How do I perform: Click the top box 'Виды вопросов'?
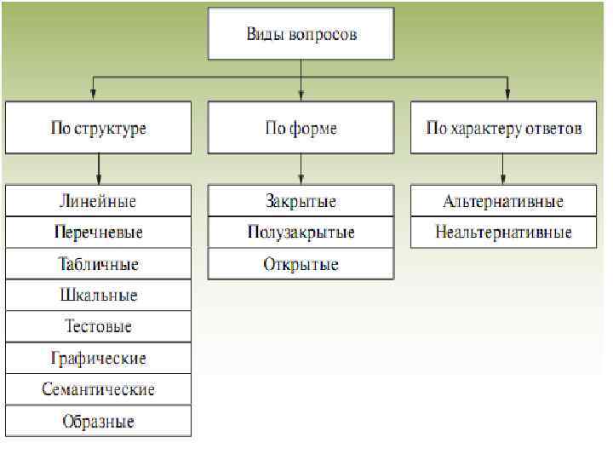click(x=301, y=35)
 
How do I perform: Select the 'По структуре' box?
click(x=98, y=129)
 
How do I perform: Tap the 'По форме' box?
click(x=301, y=129)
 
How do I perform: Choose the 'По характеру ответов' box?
click(x=504, y=129)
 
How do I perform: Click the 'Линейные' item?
click(x=98, y=202)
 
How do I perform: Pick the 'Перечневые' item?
click(x=98, y=233)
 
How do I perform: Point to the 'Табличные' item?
click(x=98, y=264)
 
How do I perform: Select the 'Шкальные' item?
click(x=98, y=296)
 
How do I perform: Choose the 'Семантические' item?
click(x=98, y=389)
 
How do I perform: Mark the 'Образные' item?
click(x=98, y=421)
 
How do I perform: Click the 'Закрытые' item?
click(x=301, y=202)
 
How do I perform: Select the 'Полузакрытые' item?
click(x=301, y=233)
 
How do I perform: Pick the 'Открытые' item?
click(x=301, y=264)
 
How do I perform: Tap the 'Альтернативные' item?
click(x=504, y=202)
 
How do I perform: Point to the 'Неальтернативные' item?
click(x=504, y=233)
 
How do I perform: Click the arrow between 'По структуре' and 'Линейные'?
click(x=99, y=170)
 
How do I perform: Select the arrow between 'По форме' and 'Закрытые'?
click(x=301, y=170)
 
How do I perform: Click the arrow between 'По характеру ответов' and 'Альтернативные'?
click(x=504, y=170)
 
